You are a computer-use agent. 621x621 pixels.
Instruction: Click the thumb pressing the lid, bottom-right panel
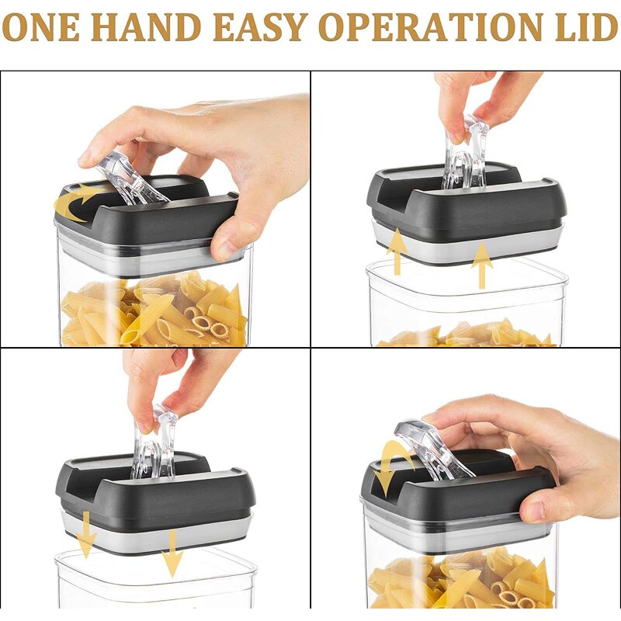point(539,505)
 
